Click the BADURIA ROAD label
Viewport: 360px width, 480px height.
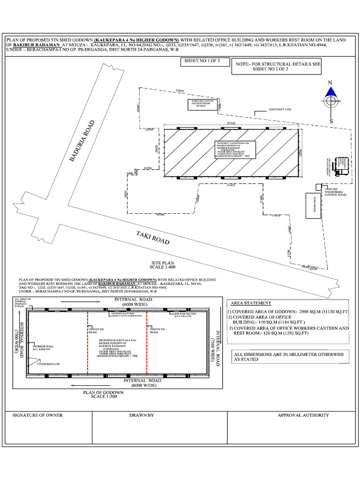[82, 142]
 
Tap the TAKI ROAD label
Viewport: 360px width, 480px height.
[153, 237]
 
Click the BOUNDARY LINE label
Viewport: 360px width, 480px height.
[280, 109]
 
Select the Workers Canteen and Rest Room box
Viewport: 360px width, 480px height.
[202, 105]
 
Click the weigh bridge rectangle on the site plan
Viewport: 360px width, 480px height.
[313, 205]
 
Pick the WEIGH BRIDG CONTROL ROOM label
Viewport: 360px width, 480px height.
[335, 192]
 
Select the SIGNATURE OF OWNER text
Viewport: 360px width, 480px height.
[37, 415]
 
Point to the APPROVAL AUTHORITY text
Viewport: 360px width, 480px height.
[303, 415]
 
